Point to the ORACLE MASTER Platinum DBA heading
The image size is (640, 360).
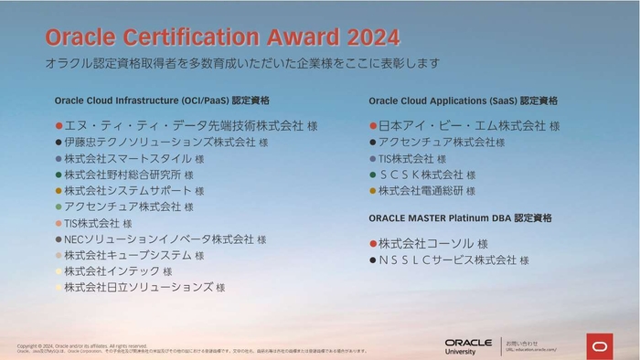[x=460, y=218]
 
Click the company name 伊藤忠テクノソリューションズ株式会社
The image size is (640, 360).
[x=160, y=143]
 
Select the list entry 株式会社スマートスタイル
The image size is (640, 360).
[x=128, y=158]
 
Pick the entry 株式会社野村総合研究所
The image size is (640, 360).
[x=123, y=175]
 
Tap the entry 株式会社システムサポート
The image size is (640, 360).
[x=128, y=190]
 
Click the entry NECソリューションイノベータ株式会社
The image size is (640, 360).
[x=158, y=238]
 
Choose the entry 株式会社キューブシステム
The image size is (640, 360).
[x=128, y=255]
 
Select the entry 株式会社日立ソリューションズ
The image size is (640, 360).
[x=138, y=287]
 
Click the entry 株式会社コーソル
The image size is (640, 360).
[x=426, y=244]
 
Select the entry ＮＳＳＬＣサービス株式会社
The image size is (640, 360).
[x=447, y=260]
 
